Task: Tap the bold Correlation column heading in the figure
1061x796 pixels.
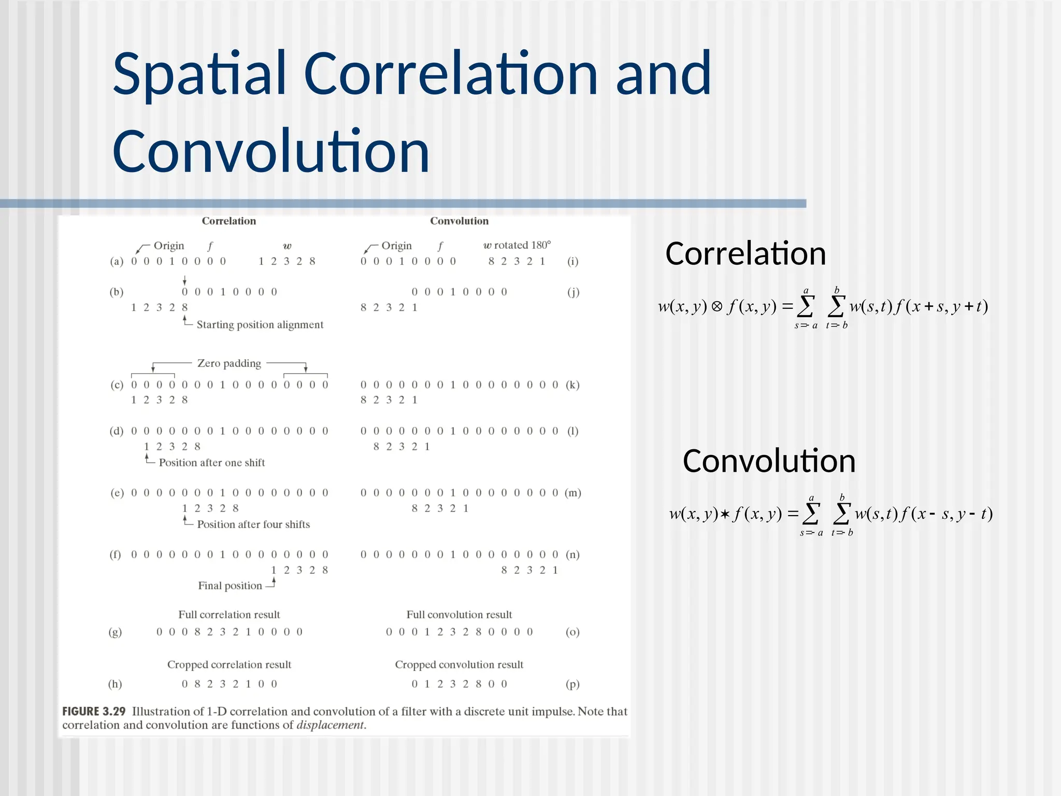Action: point(228,221)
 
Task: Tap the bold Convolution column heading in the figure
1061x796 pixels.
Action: point(459,221)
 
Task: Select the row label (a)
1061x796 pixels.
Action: point(117,261)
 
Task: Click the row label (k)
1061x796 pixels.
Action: point(572,385)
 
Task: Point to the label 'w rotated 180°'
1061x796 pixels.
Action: point(517,245)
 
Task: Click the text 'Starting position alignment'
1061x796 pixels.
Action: point(260,325)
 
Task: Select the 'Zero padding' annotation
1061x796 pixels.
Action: point(229,363)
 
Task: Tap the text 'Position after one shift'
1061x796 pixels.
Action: point(211,462)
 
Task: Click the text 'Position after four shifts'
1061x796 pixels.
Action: point(253,524)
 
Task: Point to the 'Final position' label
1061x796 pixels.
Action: point(230,586)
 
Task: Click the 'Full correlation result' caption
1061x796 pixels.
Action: point(229,615)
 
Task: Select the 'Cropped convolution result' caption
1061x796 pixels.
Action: point(459,664)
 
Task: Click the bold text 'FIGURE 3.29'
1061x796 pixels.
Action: point(94,712)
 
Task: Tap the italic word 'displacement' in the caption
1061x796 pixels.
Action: point(331,725)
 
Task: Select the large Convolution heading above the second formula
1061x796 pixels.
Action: point(769,461)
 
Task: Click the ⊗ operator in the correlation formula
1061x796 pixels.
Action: point(717,307)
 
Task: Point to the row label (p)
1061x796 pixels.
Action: point(572,684)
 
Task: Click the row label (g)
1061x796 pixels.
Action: point(115,632)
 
